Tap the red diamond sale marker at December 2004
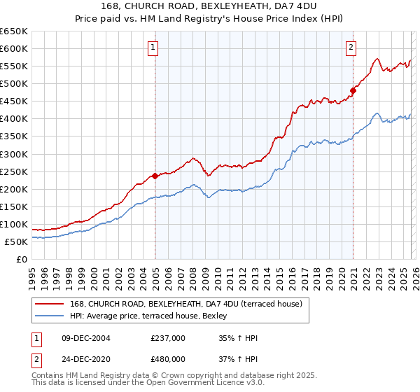tap(155, 176)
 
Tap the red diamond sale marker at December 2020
tap(353, 90)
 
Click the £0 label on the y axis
tap(22, 259)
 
